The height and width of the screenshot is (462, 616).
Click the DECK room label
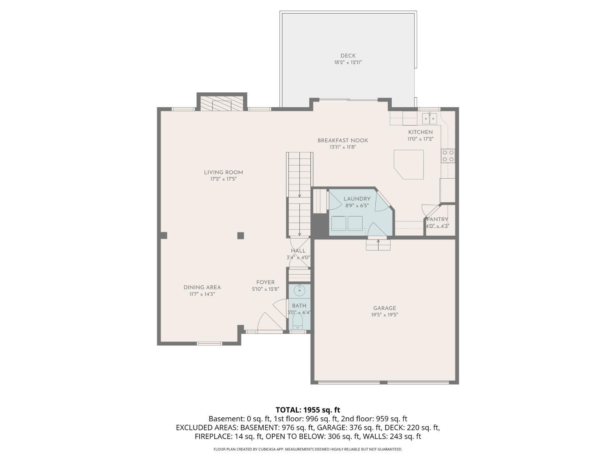[x=348, y=56]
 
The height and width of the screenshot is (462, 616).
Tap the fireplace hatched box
[x=222, y=105]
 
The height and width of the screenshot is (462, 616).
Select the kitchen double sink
[x=430, y=119]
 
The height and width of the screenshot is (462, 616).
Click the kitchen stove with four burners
[x=448, y=156]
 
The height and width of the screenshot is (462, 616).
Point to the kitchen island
[x=409, y=164]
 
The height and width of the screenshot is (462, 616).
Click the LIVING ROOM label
[x=223, y=172]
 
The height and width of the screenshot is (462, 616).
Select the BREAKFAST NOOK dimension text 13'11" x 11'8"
[x=342, y=147]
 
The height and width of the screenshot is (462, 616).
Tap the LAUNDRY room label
[x=357, y=199]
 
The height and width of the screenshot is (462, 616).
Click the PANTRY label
[x=437, y=219]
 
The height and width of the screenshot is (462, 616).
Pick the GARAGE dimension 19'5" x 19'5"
[x=384, y=315]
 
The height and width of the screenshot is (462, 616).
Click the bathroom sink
[x=299, y=291]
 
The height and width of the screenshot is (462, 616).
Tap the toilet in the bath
[x=298, y=322]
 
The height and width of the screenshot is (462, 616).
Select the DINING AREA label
[x=202, y=287]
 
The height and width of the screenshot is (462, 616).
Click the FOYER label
[x=265, y=283]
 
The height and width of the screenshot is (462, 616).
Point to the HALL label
[x=298, y=251]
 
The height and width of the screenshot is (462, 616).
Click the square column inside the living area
[x=241, y=235]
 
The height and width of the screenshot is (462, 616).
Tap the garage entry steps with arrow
[x=378, y=244]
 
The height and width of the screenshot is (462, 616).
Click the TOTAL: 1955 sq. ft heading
[x=308, y=410]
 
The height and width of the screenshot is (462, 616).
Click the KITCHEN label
[x=420, y=132]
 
